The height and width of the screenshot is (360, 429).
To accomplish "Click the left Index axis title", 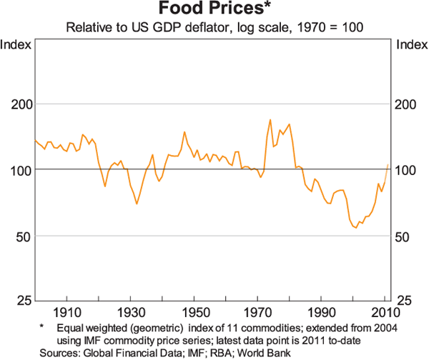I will coord(16,45).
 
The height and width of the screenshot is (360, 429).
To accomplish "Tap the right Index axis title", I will coord(411,45).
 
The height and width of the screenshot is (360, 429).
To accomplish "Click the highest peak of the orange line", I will coord(270,119).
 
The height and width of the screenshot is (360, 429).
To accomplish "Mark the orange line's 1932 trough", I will coord(137,204).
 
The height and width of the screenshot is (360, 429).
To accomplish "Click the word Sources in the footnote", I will coord(59,352).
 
